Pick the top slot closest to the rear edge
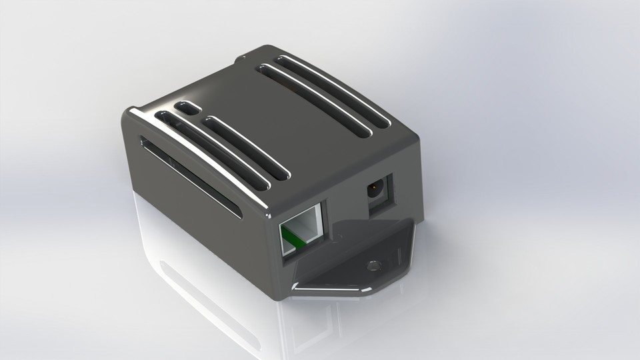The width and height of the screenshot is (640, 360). tap(333, 91)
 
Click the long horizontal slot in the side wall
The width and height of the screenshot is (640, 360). tap(190, 176)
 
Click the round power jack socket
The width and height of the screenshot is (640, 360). tap(375, 191)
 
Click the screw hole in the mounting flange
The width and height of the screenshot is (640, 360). tap(374, 265)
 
